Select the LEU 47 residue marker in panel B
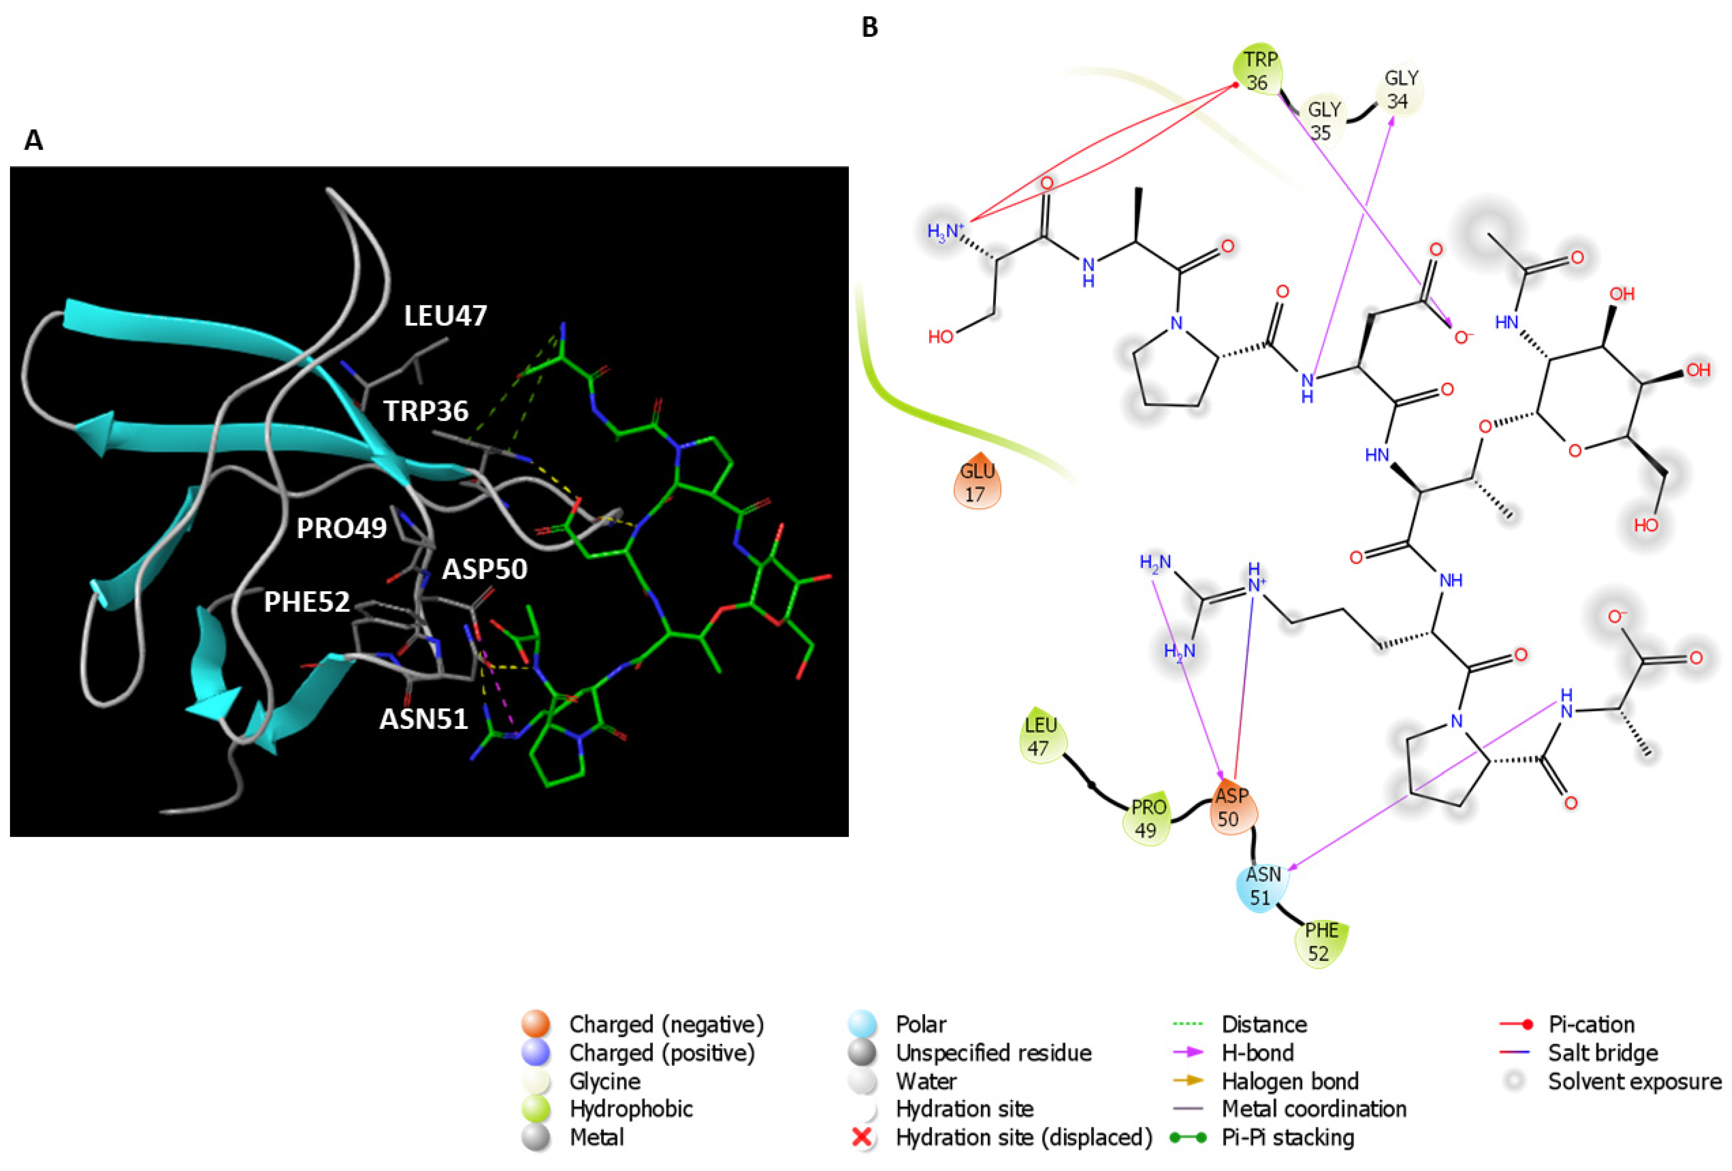[x=1040, y=737]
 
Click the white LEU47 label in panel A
[x=445, y=316]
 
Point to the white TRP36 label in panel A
[x=426, y=411]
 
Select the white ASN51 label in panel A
[x=423, y=719]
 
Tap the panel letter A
[x=34, y=140]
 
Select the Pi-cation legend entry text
[x=1591, y=1024]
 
